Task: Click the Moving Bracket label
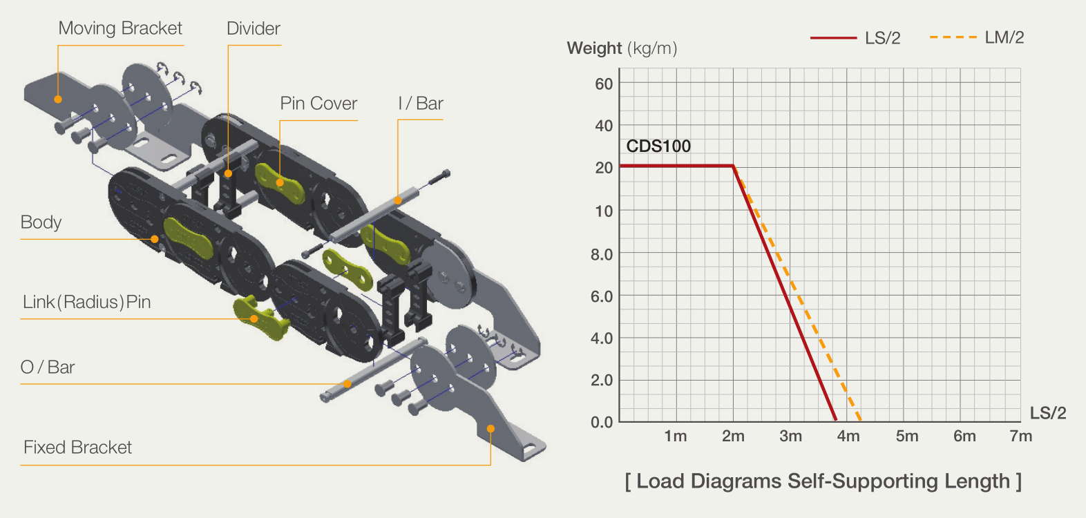pos(120,28)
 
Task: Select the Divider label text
pos(253,28)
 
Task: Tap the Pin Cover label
pos(318,103)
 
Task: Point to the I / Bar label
pos(420,103)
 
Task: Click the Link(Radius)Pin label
pos(87,302)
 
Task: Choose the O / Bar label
pos(48,367)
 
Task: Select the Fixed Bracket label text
pos(77,448)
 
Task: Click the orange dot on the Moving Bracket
pos(58,99)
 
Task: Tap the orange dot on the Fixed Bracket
pos(490,429)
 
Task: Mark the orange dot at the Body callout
pos(155,239)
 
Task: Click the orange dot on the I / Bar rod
pos(397,200)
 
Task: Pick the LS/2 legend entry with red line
pos(855,38)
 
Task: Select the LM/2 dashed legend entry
pos(977,37)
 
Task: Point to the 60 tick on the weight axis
pos(604,84)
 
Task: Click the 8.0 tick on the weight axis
pos(602,254)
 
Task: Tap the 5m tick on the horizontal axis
pos(906,436)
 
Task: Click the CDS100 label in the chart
pos(658,146)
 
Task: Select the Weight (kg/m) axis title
pos(622,48)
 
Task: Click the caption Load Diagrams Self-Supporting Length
pos(823,481)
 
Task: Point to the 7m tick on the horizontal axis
pos(1020,436)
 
